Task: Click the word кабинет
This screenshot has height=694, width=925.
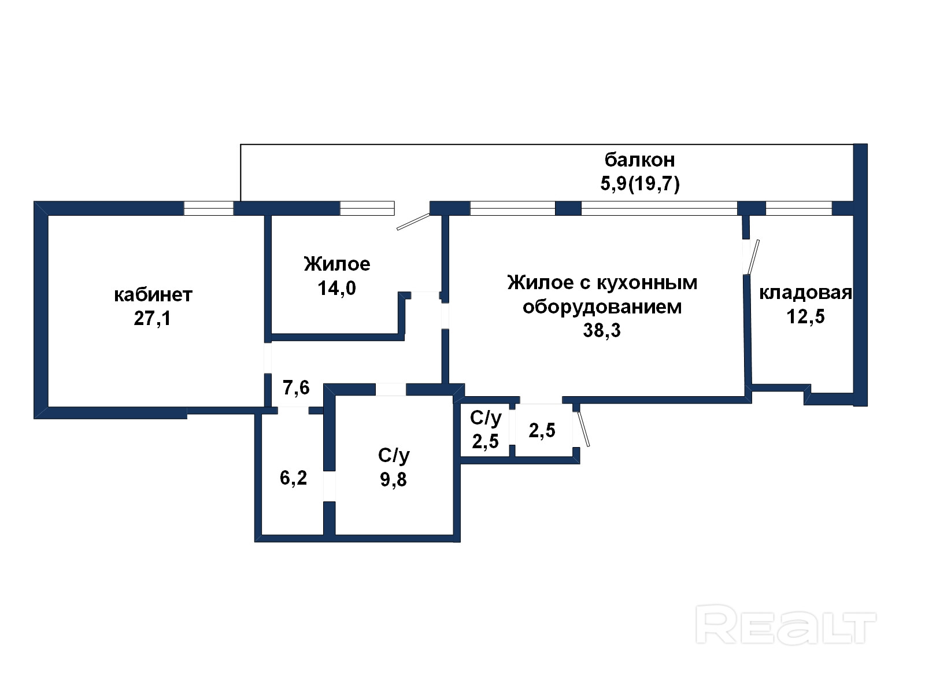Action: click(153, 295)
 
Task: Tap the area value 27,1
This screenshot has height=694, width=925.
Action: click(152, 319)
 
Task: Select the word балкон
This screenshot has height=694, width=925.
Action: click(639, 159)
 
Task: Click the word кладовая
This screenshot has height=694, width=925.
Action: click(805, 293)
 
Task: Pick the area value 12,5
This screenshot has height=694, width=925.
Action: click(805, 317)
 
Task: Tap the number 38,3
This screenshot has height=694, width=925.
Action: click(602, 330)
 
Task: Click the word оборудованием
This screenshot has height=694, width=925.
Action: click(602, 307)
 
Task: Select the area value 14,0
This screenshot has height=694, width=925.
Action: click(336, 288)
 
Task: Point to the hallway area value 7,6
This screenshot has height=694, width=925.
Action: click(296, 387)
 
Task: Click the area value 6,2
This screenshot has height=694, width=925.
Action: click(293, 478)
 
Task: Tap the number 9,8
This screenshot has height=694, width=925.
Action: click(393, 479)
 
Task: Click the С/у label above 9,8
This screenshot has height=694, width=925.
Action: click(394, 456)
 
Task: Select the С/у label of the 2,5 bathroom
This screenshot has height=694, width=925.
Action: click(486, 418)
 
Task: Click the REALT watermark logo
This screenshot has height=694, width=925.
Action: click(786, 624)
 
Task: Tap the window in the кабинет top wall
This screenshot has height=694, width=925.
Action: click(209, 208)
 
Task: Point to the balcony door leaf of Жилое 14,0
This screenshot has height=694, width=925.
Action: click(413, 222)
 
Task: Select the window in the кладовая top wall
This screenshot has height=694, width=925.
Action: click(798, 208)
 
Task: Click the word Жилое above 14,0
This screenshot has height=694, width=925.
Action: click(336, 264)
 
